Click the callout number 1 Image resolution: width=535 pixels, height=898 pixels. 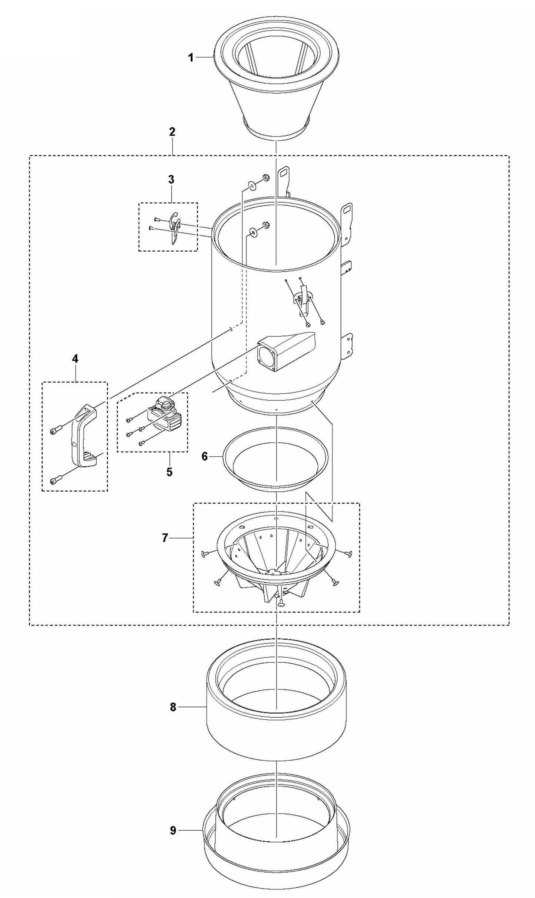point(191,58)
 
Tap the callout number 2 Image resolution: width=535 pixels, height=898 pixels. point(172,132)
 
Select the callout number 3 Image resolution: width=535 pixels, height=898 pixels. point(171,180)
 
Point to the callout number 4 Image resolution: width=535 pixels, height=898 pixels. point(75,358)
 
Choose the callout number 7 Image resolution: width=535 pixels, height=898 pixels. point(165,538)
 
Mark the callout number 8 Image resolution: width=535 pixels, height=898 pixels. point(173,707)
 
